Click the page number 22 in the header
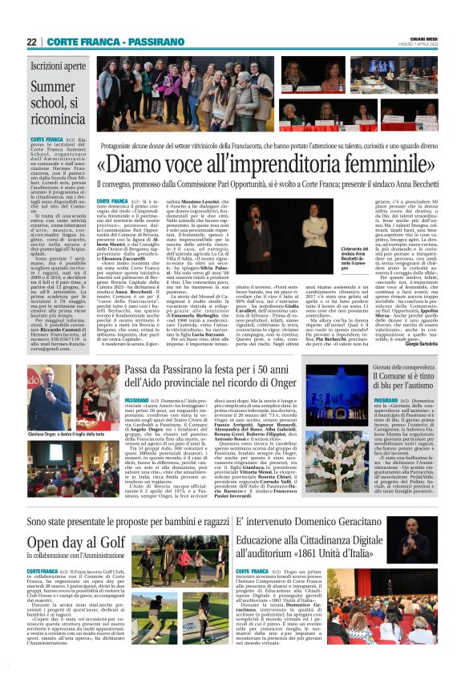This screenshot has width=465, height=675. click(31, 41)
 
